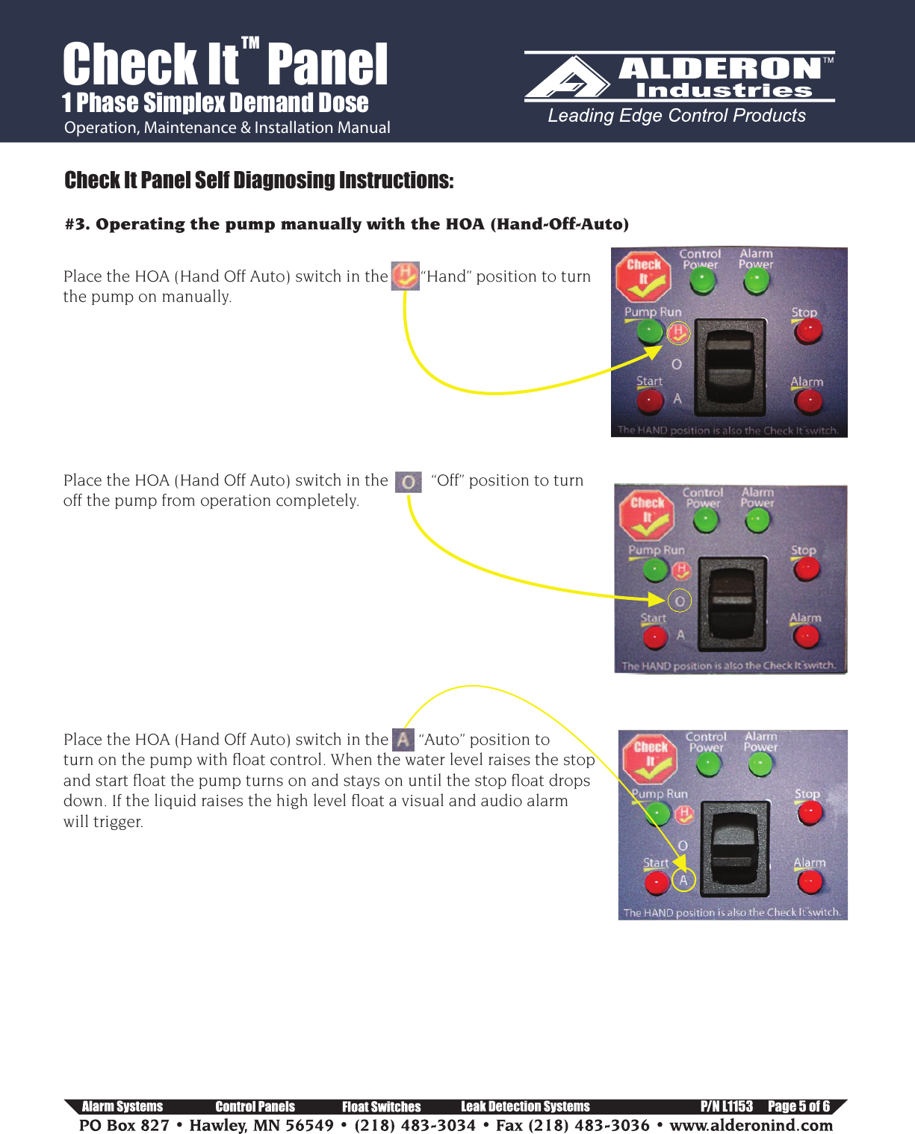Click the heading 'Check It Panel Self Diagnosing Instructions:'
pyautogui.click(x=258, y=180)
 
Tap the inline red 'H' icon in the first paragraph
pyautogui.click(x=405, y=276)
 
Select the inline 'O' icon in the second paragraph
pyautogui.click(x=408, y=482)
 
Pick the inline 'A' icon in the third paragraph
pyautogui.click(x=403, y=740)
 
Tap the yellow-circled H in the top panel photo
pyautogui.click(x=677, y=332)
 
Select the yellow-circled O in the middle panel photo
pyautogui.click(x=679, y=601)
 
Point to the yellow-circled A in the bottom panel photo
pyautogui.click(x=683, y=880)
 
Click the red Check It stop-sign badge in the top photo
pyautogui.click(x=643, y=274)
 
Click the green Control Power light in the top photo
pyautogui.click(x=701, y=281)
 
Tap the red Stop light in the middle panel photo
pyautogui.click(x=807, y=569)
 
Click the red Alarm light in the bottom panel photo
pyautogui.click(x=810, y=882)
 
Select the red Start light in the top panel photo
pyautogui.click(x=649, y=400)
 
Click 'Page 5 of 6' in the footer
pyautogui.click(x=798, y=1106)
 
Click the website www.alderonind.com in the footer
pyautogui.click(x=751, y=1125)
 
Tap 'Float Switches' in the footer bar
pyautogui.click(x=381, y=1106)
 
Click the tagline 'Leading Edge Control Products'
pyautogui.click(x=677, y=116)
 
